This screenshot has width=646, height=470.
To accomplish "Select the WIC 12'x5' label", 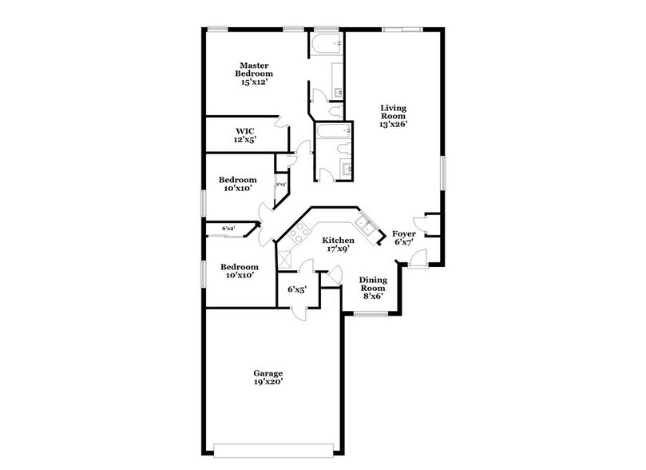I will pos(244,135).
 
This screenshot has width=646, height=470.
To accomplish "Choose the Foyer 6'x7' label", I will pos(402,237).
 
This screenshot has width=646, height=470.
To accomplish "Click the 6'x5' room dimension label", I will pos(297,290).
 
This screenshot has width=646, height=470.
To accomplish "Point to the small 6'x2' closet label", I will pos(228,229).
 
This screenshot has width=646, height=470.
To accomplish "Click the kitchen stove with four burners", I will pos(300,233).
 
